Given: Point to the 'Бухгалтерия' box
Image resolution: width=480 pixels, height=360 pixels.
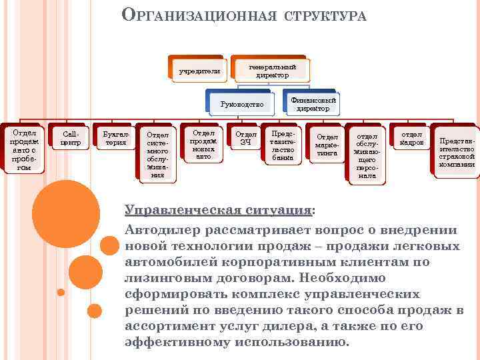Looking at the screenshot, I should coord(111,138).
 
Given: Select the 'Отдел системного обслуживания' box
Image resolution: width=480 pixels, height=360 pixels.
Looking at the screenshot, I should coord(157,154).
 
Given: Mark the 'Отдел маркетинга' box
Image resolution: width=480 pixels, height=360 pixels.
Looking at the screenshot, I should coord(326,144).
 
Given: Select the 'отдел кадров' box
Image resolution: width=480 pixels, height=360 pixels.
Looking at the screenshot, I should coord(411,138).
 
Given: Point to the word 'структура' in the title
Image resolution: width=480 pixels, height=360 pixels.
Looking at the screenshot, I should coord(325,15).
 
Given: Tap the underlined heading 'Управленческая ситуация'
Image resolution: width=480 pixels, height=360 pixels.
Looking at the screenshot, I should coord(217,210).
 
